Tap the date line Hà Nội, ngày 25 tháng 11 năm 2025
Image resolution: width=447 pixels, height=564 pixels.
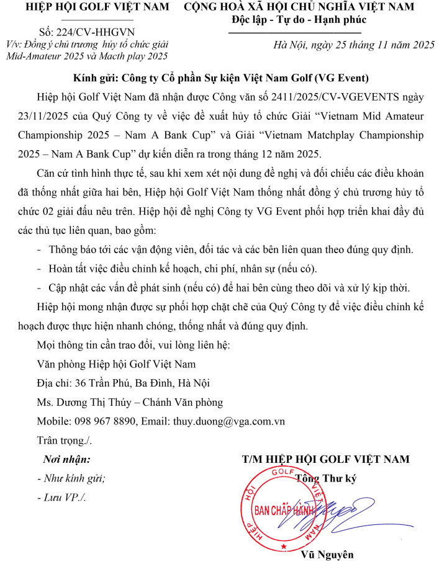[x=355, y=45]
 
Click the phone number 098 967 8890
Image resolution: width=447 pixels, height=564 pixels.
[x=107, y=421]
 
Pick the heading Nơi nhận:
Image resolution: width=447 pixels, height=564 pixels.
[x=66, y=459]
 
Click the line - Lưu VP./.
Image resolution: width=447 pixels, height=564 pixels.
[x=61, y=498]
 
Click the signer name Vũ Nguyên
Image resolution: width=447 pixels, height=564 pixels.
[x=327, y=554]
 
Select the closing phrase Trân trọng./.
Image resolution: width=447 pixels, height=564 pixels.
[x=65, y=440]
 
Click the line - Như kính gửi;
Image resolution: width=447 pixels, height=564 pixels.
[x=71, y=478]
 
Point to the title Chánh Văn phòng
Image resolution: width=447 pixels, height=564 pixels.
[x=180, y=402]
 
